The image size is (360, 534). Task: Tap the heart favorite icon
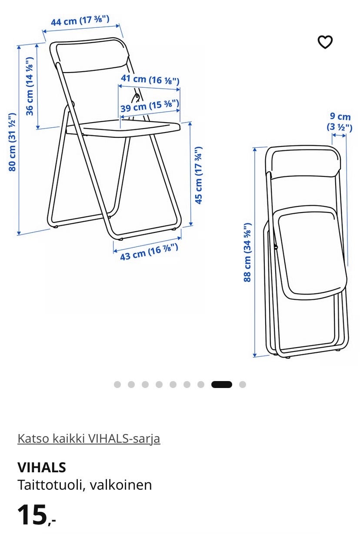click(x=325, y=42)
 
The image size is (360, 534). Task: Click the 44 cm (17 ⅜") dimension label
click(x=80, y=20)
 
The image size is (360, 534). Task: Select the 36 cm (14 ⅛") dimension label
click(x=29, y=86)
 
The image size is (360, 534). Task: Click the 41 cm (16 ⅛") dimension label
click(x=150, y=80)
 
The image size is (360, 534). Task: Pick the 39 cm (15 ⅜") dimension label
click(x=150, y=106)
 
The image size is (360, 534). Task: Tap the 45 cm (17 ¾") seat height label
click(x=199, y=175)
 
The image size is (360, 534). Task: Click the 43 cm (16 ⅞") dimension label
click(x=149, y=252)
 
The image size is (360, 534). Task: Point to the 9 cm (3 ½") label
click(x=340, y=122)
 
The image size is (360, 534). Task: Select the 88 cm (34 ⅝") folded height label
click(x=247, y=252)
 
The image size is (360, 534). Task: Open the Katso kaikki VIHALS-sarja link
click(x=89, y=438)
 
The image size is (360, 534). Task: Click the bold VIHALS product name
click(x=42, y=468)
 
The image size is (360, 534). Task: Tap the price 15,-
click(x=37, y=514)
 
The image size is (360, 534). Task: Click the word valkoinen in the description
click(x=121, y=485)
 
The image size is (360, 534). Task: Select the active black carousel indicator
click(x=222, y=385)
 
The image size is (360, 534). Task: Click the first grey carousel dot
click(x=117, y=385)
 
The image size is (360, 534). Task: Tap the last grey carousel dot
click(x=243, y=385)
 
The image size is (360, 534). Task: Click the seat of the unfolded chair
click(x=123, y=129)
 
